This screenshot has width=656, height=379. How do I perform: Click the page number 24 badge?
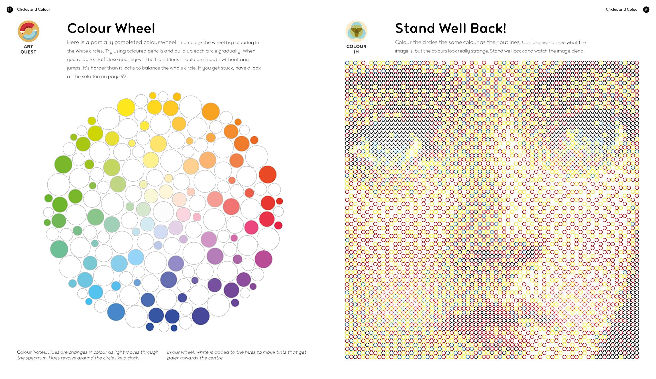(x=10, y=10)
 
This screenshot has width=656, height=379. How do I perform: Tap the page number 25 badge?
(x=646, y=10)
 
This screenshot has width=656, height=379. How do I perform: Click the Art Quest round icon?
(x=28, y=31)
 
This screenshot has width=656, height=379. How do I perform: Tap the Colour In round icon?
(x=356, y=31)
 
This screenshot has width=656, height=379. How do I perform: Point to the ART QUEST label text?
(x=28, y=49)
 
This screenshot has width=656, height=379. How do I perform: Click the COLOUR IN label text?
(x=356, y=49)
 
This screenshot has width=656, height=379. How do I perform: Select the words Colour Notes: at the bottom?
(x=32, y=352)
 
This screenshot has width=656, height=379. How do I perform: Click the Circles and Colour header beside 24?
(x=33, y=10)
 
